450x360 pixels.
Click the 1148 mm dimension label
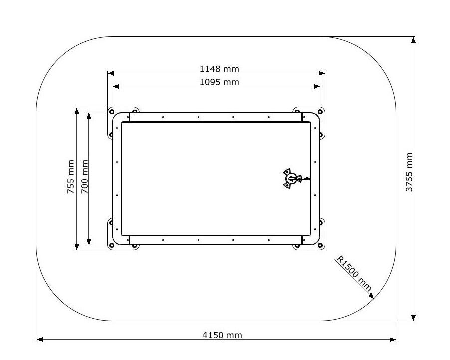(x=219, y=69)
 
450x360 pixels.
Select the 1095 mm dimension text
(x=219, y=82)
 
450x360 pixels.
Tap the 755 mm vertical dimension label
(x=71, y=177)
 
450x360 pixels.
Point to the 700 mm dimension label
(x=84, y=177)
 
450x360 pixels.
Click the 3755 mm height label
(x=409, y=172)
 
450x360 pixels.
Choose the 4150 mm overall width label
(x=222, y=335)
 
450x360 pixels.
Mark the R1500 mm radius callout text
(x=354, y=273)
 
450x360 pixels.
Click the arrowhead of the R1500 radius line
(x=371, y=296)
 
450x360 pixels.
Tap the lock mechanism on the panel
(x=294, y=179)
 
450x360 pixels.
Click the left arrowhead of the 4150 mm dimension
(x=40, y=340)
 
